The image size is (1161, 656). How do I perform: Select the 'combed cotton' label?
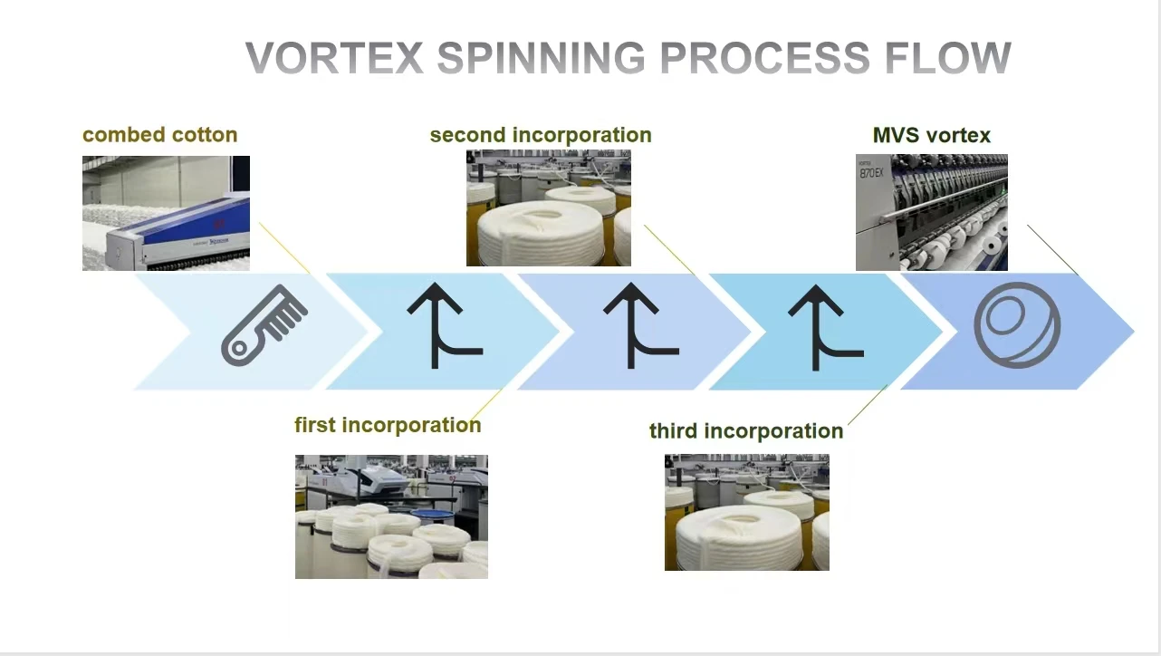click(x=159, y=135)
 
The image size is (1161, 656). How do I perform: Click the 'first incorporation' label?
click(x=388, y=425)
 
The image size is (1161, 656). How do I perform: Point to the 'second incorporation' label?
click(x=541, y=135)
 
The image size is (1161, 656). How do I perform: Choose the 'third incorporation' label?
click(x=746, y=430)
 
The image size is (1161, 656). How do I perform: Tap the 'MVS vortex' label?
click(x=932, y=136)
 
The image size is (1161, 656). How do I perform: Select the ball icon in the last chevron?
click(x=1017, y=325)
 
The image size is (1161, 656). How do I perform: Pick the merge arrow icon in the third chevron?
click(x=639, y=326)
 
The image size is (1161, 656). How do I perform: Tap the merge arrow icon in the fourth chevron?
click(x=823, y=326)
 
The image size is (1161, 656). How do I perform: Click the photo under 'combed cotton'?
click(x=166, y=213)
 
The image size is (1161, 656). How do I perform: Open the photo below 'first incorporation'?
click(x=391, y=516)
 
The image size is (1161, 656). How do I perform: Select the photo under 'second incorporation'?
click(x=548, y=208)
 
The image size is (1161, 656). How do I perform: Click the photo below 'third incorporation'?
click(x=746, y=512)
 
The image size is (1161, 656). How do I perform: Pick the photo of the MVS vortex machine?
click(x=931, y=212)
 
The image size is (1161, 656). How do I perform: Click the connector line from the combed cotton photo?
click(x=284, y=247)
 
